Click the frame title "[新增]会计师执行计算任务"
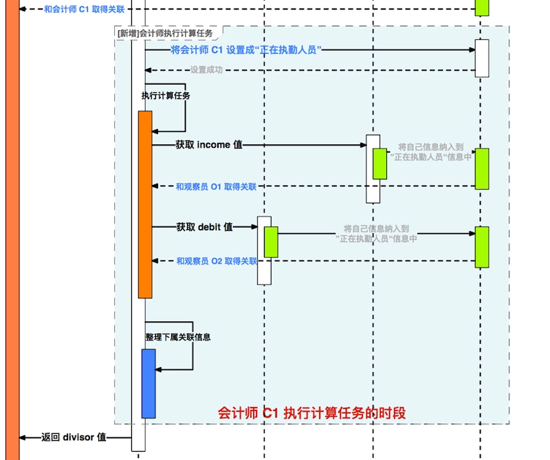tap(165, 33)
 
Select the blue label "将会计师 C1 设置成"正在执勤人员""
tap(247, 50)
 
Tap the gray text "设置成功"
tap(206, 70)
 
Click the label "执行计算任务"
tap(166, 96)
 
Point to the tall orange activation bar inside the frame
tap(145, 204)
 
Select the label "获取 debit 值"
tap(204, 227)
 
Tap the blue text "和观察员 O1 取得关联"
tap(216, 186)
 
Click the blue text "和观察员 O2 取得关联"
tap(216, 261)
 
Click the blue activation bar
tap(148, 383)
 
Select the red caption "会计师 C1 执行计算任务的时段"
tap(311, 413)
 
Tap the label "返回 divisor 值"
tap(74, 437)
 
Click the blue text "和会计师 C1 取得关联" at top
tap(84, 9)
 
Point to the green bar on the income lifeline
tap(379, 164)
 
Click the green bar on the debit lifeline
tap(271, 241)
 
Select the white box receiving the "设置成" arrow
tap(482, 58)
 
